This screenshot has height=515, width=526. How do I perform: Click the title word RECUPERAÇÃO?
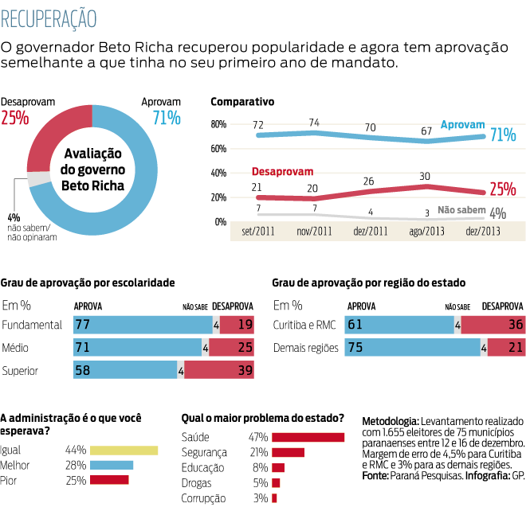(x=49, y=17)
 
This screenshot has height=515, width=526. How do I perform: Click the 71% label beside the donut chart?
(x=166, y=119)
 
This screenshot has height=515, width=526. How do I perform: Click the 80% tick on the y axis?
(x=218, y=125)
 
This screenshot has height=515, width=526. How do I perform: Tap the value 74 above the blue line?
(x=314, y=123)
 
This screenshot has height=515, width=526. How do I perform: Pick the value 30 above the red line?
(x=425, y=177)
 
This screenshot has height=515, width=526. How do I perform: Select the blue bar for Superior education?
(x=125, y=370)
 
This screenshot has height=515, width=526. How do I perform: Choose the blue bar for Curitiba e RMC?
(x=398, y=325)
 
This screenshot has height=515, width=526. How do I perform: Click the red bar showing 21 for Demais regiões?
(x=505, y=348)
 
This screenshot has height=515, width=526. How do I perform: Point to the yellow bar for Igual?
(x=124, y=450)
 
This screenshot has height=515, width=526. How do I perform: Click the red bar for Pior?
(x=109, y=480)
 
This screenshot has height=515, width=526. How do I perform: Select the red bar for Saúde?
(x=308, y=437)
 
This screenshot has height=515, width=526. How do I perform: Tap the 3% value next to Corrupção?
(x=261, y=498)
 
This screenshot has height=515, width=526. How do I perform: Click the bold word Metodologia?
(x=390, y=420)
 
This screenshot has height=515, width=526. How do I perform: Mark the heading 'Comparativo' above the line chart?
(x=242, y=102)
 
